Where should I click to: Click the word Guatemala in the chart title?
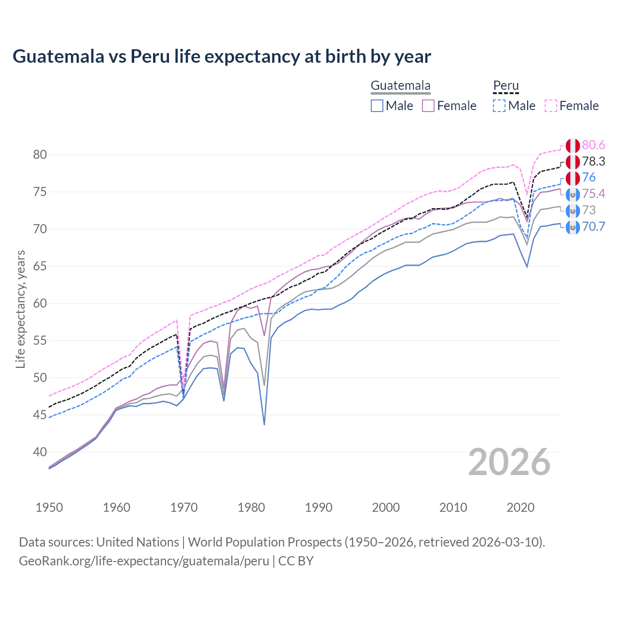click(x=58, y=56)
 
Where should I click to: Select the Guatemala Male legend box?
click(x=377, y=106)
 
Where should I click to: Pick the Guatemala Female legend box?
click(x=428, y=106)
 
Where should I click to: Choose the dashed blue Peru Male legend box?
click(x=499, y=106)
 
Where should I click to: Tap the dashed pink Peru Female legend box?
click(x=551, y=106)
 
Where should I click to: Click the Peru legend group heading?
click(x=506, y=86)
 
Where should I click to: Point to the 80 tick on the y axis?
click(x=40, y=154)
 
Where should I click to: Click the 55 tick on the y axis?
click(x=40, y=340)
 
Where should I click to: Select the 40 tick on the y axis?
click(x=40, y=452)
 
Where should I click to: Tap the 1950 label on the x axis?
click(x=49, y=507)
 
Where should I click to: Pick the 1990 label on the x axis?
click(x=319, y=507)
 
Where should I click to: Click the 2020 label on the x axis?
click(x=520, y=507)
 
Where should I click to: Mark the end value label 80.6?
click(x=593, y=145)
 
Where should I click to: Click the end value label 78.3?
click(x=593, y=161)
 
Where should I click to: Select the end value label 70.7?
click(x=593, y=226)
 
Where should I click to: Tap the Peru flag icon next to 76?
click(x=573, y=178)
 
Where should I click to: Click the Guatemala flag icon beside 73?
click(x=573, y=211)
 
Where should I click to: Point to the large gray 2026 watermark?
click(x=509, y=463)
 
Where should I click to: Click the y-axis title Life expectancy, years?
click(x=20, y=309)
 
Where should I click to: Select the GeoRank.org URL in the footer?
click(x=144, y=561)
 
